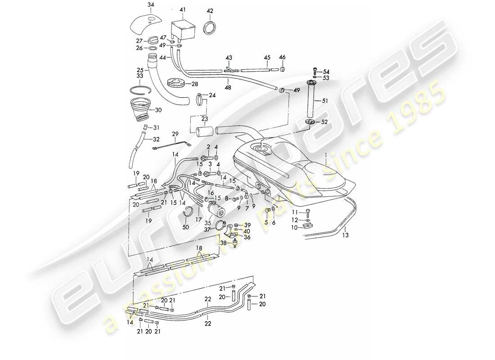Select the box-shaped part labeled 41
[182, 28]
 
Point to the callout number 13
[345, 234]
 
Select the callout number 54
[326, 72]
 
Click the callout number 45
[267, 57]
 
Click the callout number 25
[127, 71]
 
